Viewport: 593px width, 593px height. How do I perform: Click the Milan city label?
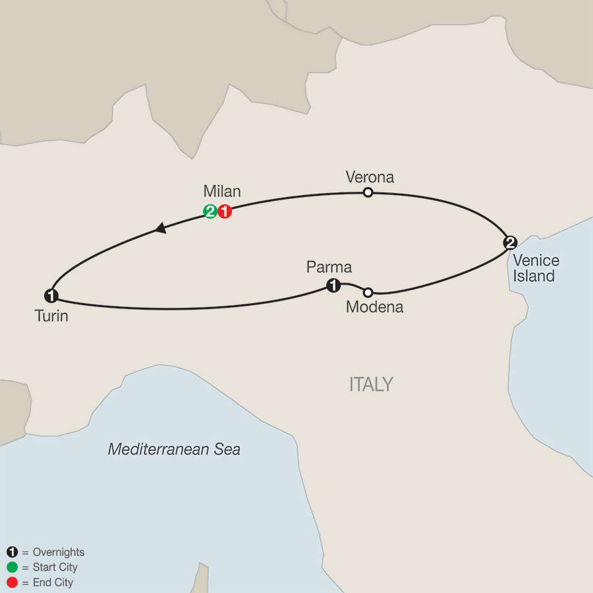point(222,192)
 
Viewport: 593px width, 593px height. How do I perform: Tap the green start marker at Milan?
point(210,212)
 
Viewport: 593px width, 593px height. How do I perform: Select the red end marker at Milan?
point(225,212)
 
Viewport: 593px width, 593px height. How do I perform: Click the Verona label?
point(370,177)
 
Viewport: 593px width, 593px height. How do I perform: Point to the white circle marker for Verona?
point(368,192)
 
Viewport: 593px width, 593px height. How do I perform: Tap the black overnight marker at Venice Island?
point(509,242)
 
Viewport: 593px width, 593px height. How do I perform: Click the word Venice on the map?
point(536,260)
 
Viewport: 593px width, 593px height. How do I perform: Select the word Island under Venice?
point(534,276)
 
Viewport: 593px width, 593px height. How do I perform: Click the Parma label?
point(329,267)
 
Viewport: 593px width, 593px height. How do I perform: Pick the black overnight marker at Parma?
point(334,285)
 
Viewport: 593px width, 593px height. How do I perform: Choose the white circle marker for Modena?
point(368,292)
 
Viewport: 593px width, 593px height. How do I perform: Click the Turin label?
point(51,316)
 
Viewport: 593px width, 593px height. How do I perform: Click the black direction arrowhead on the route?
point(159,228)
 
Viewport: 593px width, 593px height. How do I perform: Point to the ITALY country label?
point(371,384)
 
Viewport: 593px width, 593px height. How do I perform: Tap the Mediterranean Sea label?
point(174,450)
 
